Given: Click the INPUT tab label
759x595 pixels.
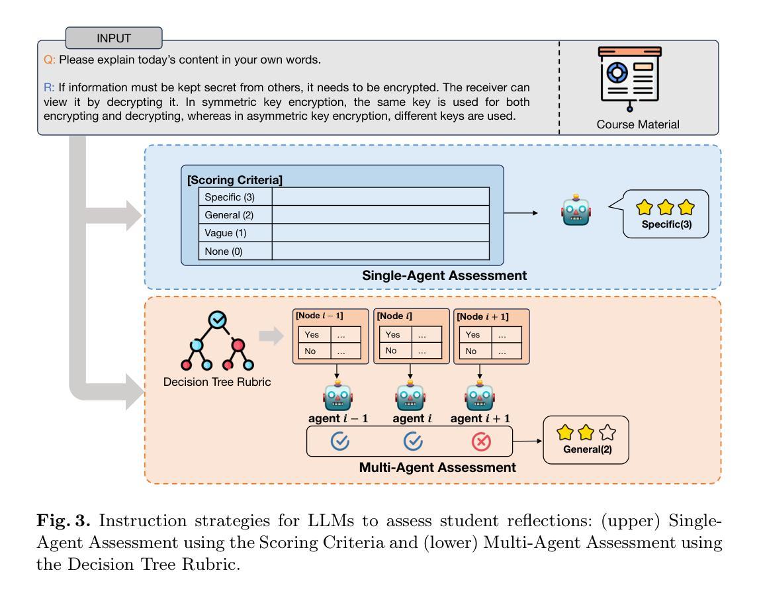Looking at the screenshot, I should click(x=114, y=38).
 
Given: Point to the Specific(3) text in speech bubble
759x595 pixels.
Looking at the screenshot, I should click(x=664, y=224).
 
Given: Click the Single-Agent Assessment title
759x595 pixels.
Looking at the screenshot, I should click(x=445, y=275).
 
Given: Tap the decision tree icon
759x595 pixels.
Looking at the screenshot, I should click(x=217, y=342).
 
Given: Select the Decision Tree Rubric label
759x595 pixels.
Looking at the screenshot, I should click(x=217, y=382).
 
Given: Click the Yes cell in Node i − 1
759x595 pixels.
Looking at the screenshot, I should click(x=310, y=334).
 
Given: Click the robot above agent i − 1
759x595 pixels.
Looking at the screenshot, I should click(x=338, y=396).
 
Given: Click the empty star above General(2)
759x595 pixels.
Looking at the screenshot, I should click(x=607, y=434).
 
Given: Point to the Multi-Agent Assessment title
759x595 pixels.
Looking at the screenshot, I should click(x=437, y=467).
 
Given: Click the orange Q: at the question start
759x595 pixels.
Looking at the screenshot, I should click(x=48, y=60).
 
